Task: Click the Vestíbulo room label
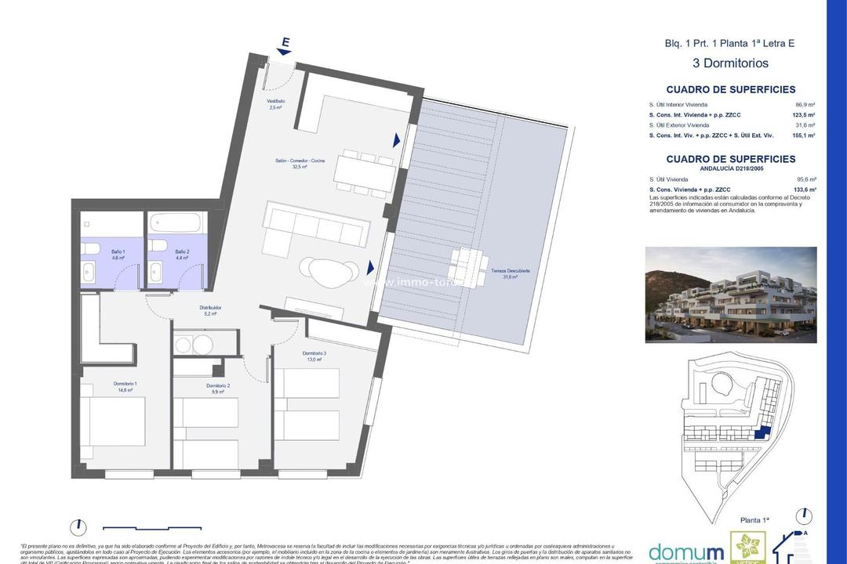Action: [275, 104]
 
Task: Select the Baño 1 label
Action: [95, 254]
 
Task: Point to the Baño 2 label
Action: [162, 254]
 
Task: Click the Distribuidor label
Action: [210, 310]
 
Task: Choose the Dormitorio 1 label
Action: [104, 386]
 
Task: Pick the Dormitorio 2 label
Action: [218, 389]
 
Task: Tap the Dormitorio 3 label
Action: [314, 356]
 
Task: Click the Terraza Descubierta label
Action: [511, 273]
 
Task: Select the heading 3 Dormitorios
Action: [729, 63]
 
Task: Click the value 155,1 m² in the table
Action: [804, 136]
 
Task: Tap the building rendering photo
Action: [730, 295]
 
